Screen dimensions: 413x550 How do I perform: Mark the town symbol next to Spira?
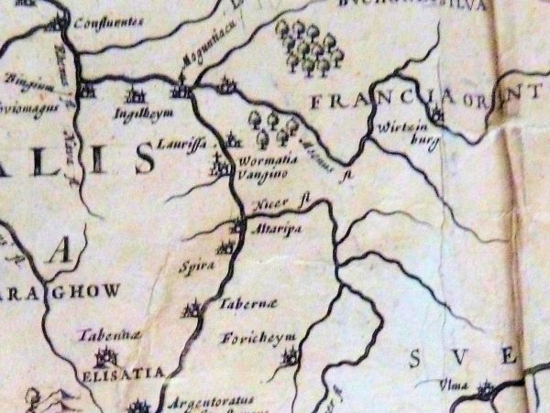pos(227,246)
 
